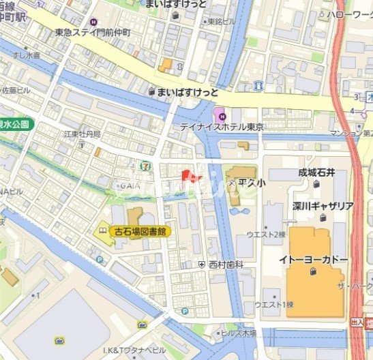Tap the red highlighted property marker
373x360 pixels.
[192, 175]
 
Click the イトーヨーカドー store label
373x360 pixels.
[314, 260]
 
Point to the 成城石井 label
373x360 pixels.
[317, 173]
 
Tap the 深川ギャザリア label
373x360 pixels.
[323, 206]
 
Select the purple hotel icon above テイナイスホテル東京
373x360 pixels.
[218, 113]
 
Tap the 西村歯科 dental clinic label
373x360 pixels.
[225, 263]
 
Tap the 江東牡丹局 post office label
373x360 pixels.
[82, 134]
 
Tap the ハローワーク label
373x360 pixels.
[349, 14]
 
